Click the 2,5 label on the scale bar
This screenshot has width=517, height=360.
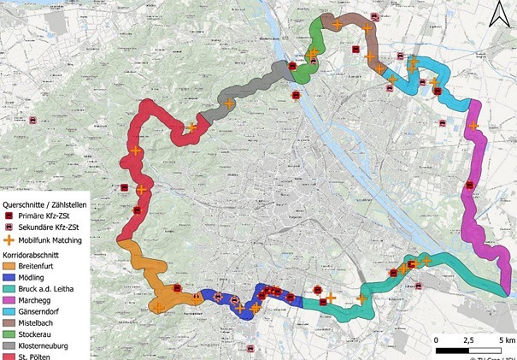(468, 340)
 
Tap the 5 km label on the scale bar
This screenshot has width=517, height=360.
(505, 340)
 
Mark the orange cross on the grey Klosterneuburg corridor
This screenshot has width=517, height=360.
(228, 104)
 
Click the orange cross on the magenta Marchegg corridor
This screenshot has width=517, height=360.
(473, 127)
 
